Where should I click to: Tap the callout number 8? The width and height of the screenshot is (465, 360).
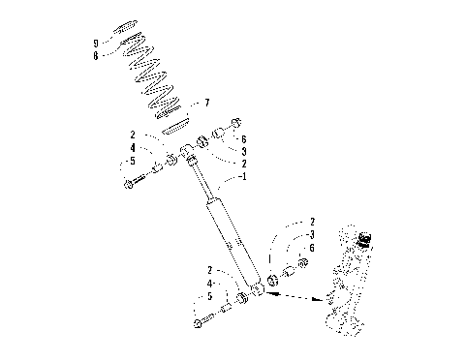click(95, 56)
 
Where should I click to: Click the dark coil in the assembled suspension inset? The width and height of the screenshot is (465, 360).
click(365, 237)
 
